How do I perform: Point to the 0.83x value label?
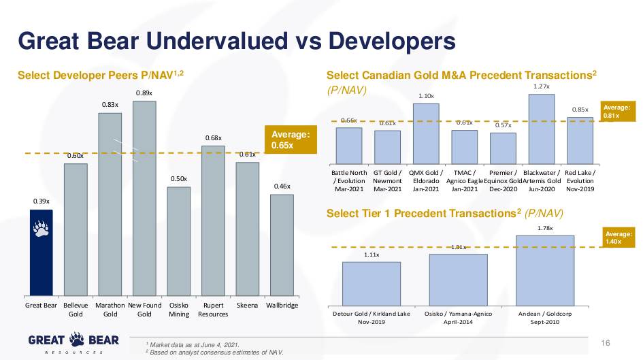(110, 105)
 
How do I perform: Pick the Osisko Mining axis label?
(179, 310)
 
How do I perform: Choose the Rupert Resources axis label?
(213, 310)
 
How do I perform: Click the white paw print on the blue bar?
(41, 229)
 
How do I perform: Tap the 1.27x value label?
(542, 86)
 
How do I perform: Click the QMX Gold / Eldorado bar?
(426, 133)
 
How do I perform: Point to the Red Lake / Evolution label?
(580, 180)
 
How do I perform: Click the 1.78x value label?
(545, 228)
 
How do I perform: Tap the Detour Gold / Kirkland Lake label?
(372, 317)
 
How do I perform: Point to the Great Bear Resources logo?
(73, 343)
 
